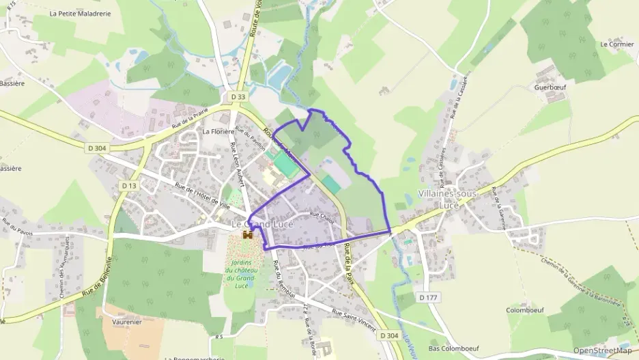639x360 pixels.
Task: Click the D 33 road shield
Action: [x=238, y=97]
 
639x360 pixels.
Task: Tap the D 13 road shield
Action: [x=128, y=185]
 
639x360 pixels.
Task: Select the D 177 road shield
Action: [x=428, y=297]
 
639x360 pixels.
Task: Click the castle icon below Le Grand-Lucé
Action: [x=247, y=235]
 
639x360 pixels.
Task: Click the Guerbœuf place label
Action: [x=550, y=87]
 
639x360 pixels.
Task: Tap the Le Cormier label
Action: [x=616, y=44]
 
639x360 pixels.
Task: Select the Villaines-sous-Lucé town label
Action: [x=448, y=199]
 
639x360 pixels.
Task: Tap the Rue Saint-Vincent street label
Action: [x=354, y=321]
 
